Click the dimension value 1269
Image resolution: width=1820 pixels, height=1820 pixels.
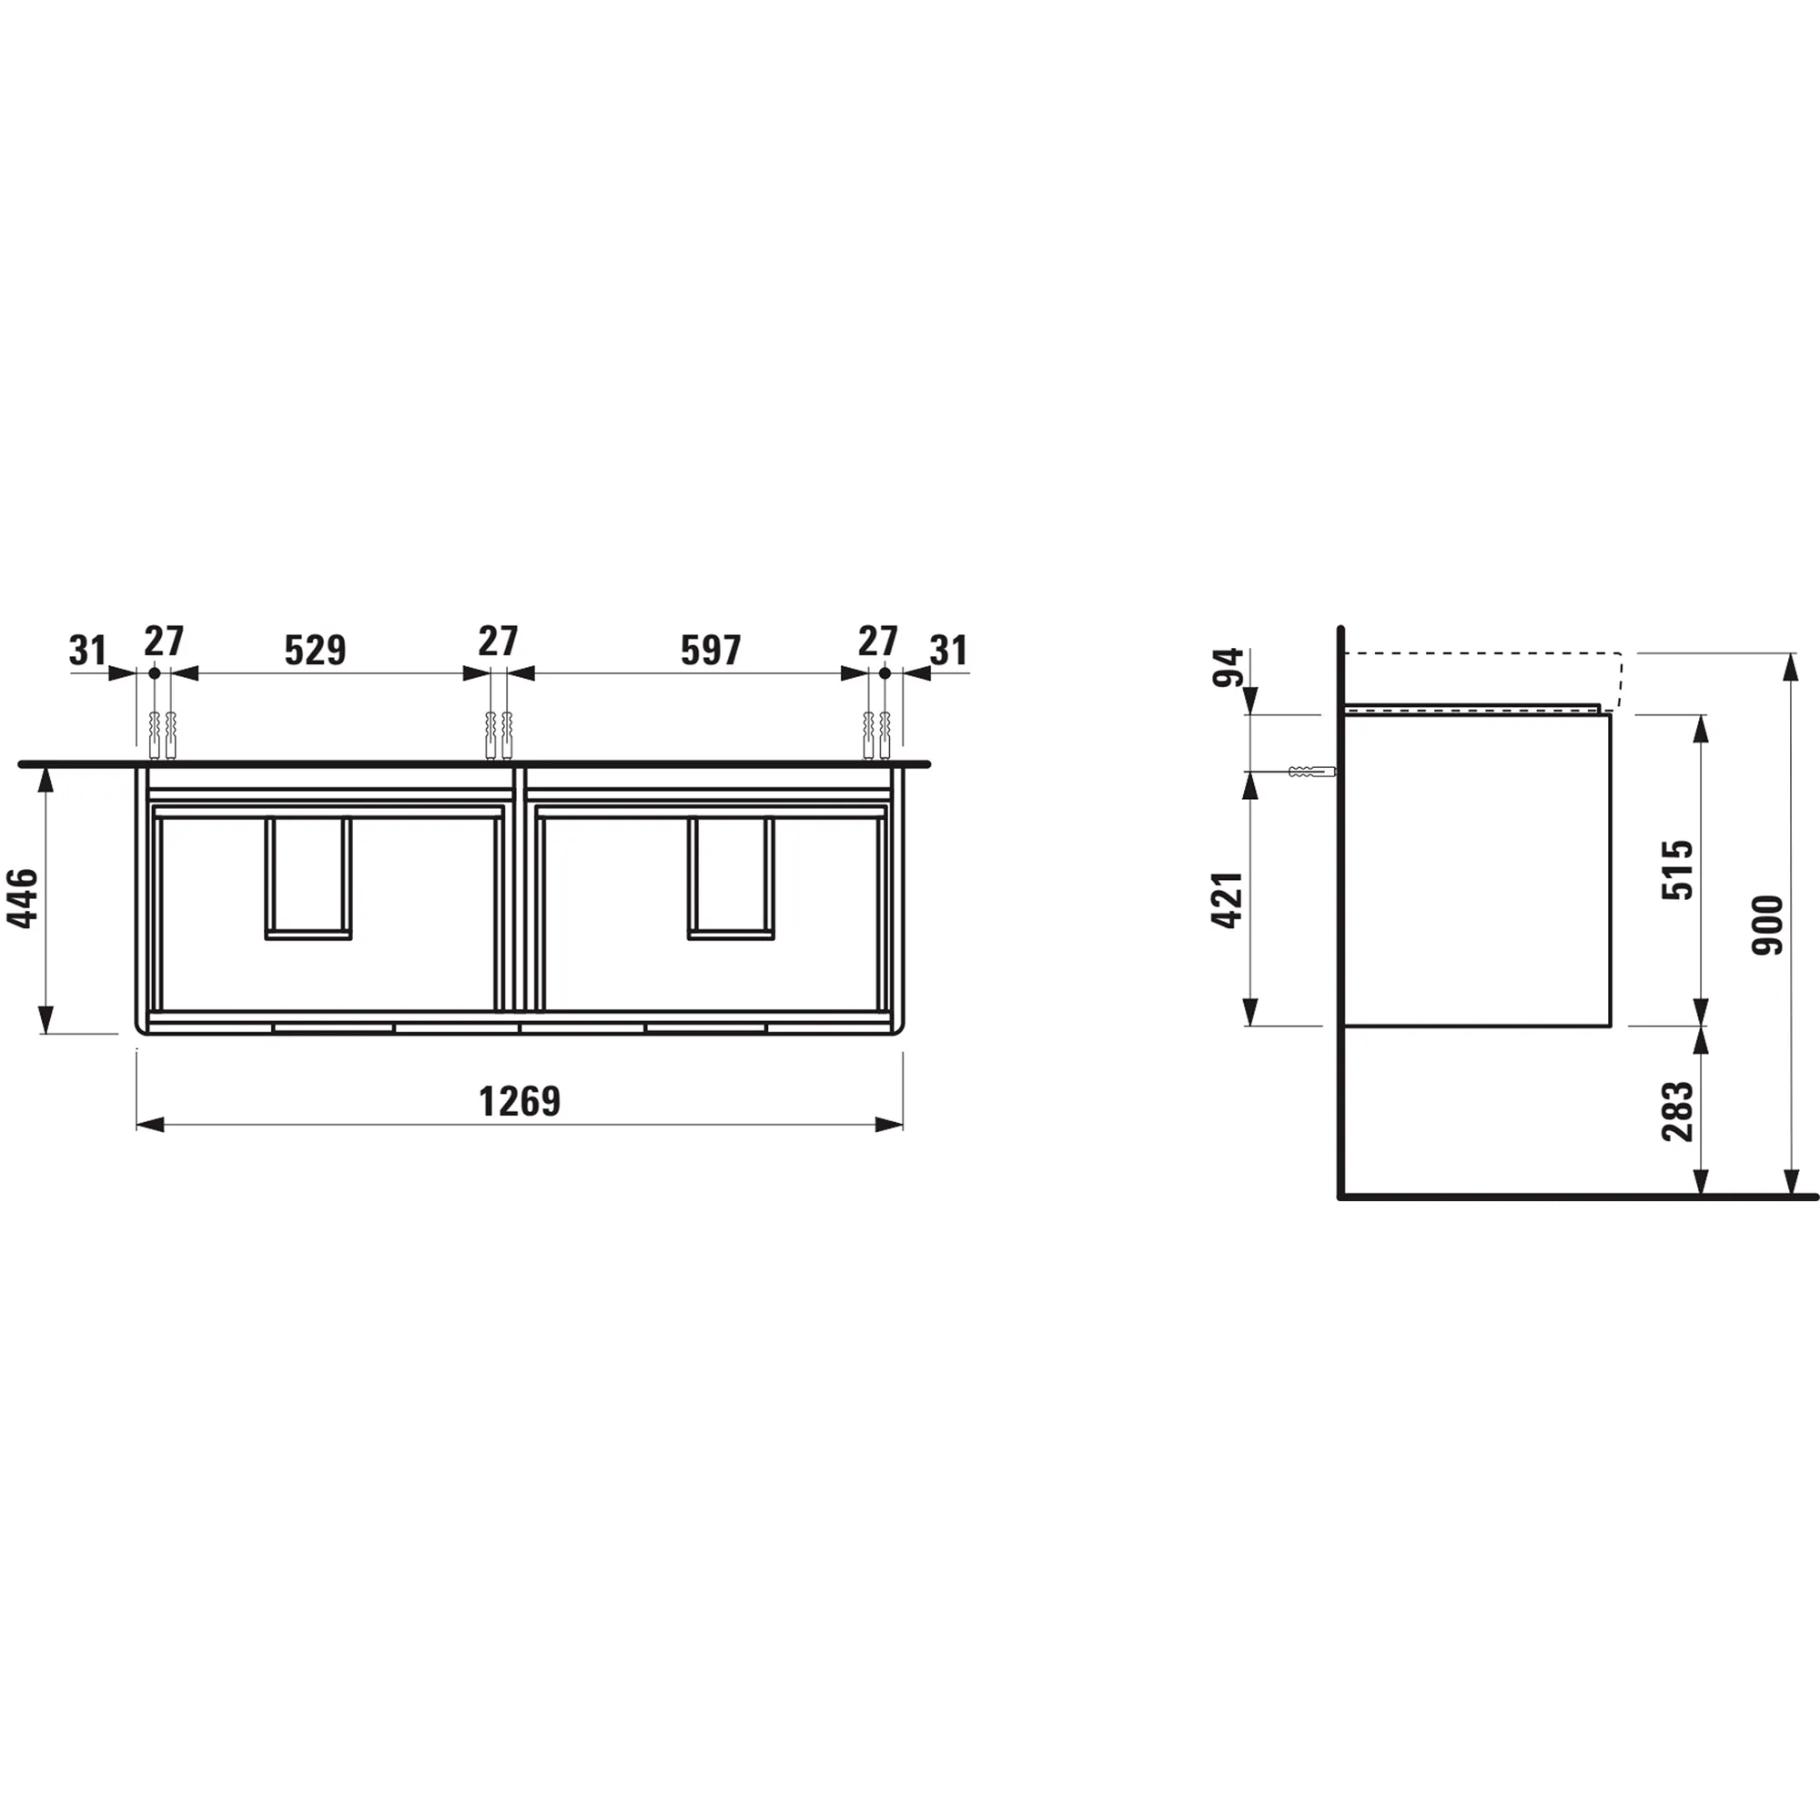pos(519,1100)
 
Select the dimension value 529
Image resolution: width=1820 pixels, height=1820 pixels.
pos(315,650)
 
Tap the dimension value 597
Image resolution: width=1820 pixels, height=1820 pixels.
pos(711,650)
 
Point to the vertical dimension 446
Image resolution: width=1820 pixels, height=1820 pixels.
pos(23,898)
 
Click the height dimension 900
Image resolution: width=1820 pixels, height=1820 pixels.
pos(1767,925)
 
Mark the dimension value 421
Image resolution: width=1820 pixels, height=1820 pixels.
pos(1228,900)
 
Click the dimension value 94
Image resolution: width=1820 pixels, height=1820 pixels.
pos(1228,667)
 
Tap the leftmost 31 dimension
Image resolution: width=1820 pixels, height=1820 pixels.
pos(87,650)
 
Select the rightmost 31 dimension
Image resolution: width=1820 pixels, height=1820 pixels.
pos(948,650)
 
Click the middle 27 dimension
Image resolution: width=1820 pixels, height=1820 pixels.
pos(498,642)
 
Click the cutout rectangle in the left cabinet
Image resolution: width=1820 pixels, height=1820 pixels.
pos(308,877)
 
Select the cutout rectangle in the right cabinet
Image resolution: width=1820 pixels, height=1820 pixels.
pos(730,877)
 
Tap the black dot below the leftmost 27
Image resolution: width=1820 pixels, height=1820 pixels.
pos(155,673)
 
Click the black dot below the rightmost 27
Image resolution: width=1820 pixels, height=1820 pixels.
pos(885,673)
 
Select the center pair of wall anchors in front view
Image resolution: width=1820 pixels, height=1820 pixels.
pos(498,735)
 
